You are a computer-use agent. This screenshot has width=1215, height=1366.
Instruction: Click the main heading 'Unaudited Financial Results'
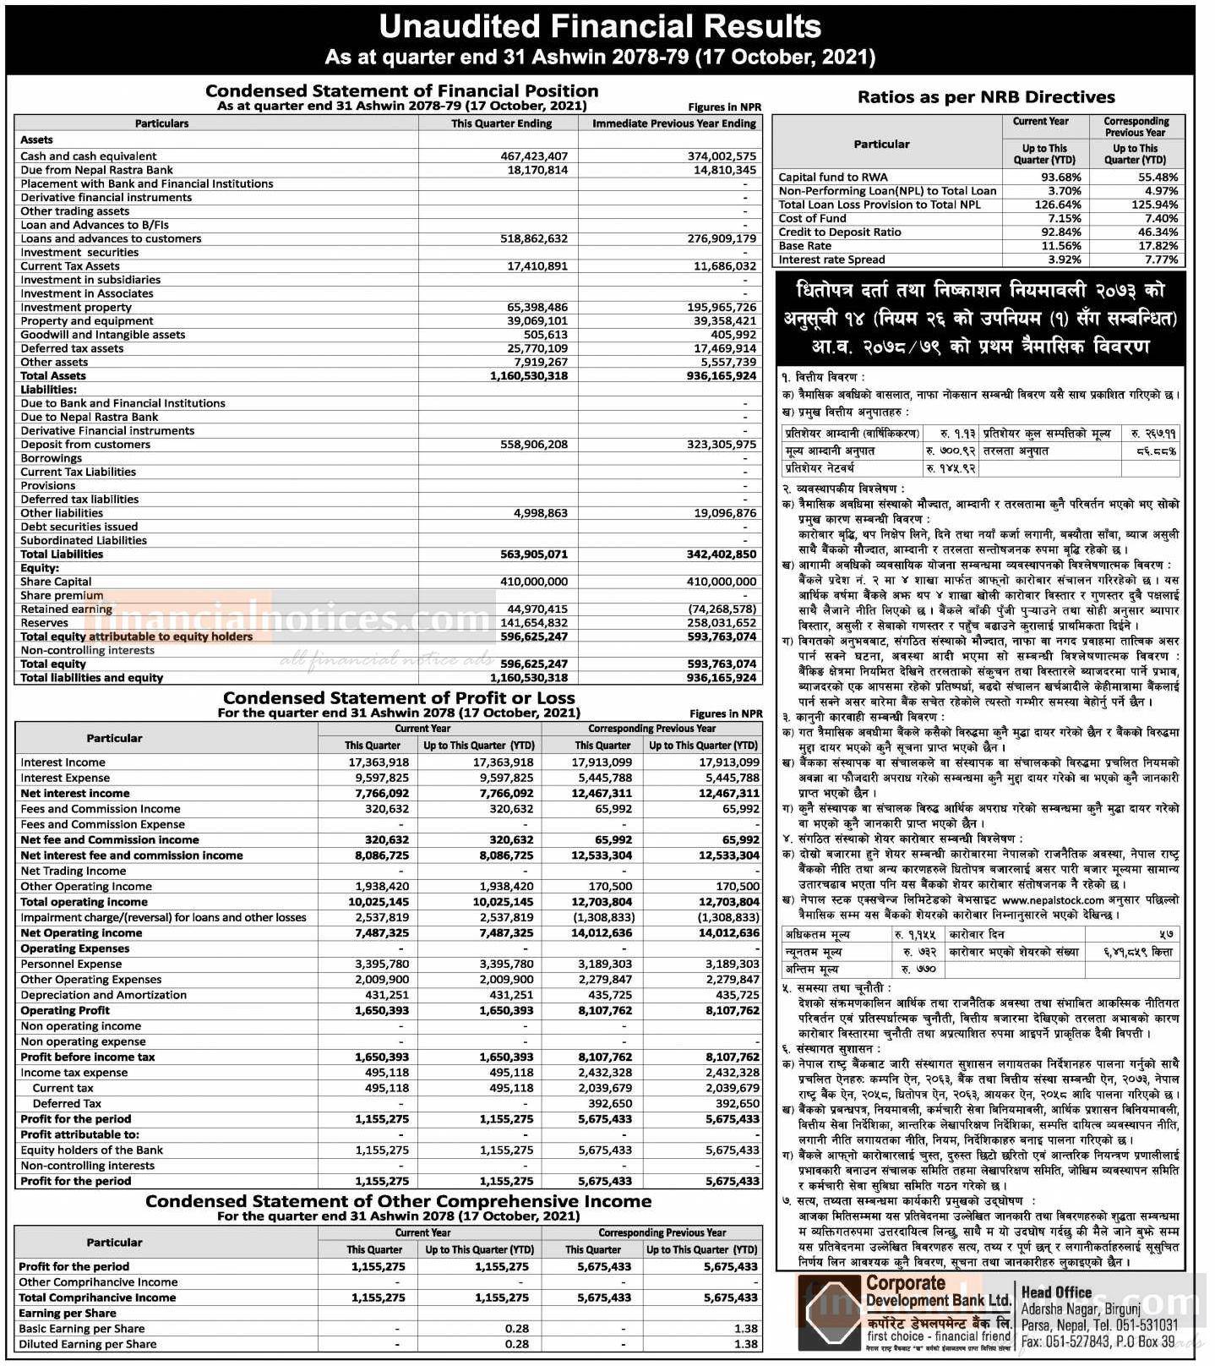click(x=600, y=27)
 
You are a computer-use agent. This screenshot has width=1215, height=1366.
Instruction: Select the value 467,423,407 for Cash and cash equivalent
click(x=534, y=156)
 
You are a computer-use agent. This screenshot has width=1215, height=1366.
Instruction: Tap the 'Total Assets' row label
click(x=53, y=376)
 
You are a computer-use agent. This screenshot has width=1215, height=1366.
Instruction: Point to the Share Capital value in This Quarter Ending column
click(x=534, y=582)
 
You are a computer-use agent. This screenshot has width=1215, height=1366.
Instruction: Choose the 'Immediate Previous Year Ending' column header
click(x=673, y=123)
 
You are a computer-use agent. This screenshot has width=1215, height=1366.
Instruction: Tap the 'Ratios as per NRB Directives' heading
click(x=986, y=97)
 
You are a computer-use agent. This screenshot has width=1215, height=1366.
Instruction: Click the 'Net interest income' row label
click(x=75, y=794)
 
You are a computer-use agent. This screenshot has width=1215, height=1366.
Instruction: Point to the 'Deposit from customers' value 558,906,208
click(x=534, y=445)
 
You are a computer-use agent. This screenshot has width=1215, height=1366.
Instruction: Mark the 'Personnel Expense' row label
click(x=71, y=964)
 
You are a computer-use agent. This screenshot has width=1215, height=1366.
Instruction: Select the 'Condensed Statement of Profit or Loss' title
click(x=399, y=698)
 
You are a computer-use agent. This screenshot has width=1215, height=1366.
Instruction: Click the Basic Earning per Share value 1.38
click(x=745, y=1329)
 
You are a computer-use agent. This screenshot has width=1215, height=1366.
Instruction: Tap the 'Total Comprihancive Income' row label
click(x=97, y=1298)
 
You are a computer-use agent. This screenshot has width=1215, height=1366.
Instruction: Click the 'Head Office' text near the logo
click(x=1056, y=1292)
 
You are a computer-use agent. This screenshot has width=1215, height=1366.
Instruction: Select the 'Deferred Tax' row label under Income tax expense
click(x=67, y=1103)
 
